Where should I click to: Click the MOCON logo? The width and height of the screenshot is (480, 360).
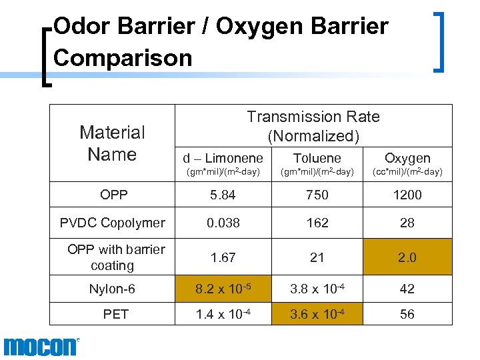pyautogui.click(x=41, y=347)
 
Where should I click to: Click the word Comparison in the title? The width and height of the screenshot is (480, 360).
pyautogui.click(x=123, y=57)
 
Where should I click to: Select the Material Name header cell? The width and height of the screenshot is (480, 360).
pyautogui.click(x=112, y=143)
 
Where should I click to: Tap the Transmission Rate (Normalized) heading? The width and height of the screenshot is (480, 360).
pyautogui.click(x=313, y=126)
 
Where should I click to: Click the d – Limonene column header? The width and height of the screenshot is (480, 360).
pyautogui.click(x=223, y=158)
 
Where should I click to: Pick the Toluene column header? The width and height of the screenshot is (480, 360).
pyautogui.click(x=317, y=158)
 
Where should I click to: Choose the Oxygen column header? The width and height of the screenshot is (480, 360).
pyautogui.click(x=407, y=158)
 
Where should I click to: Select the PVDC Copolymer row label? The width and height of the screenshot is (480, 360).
pyautogui.click(x=112, y=223)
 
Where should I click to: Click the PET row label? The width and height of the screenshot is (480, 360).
pyautogui.click(x=115, y=314)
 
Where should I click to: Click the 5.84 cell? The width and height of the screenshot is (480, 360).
pyautogui.click(x=223, y=195)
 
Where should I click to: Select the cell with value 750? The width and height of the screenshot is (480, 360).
pyautogui.click(x=317, y=195)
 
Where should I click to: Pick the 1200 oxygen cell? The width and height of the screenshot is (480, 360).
pyautogui.click(x=407, y=195)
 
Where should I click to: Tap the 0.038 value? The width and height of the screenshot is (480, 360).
pyautogui.click(x=223, y=223)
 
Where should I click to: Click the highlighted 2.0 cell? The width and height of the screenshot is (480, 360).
pyautogui.click(x=407, y=257)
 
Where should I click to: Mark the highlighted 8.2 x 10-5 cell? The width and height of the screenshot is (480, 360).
pyautogui.click(x=223, y=289)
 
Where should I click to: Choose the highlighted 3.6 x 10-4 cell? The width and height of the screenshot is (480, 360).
pyautogui.click(x=317, y=314)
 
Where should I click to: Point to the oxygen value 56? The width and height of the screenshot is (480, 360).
pyautogui.click(x=407, y=314)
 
